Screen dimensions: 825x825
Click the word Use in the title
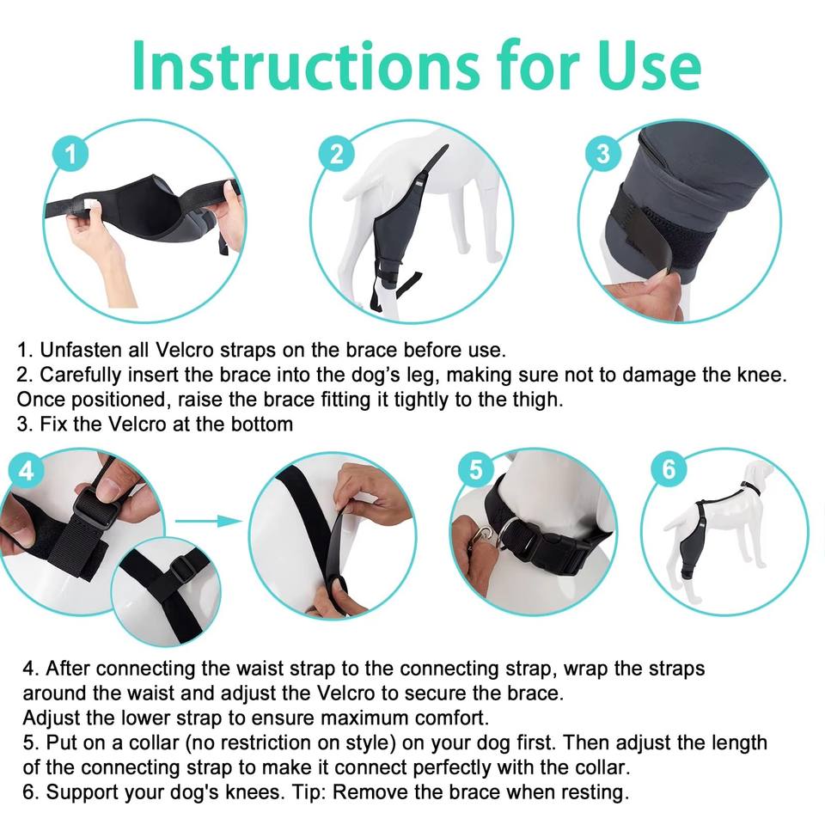[x=649, y=66]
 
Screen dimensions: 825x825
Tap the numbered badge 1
[x=70, y=154]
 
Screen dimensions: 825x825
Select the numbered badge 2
[x=337, y=153]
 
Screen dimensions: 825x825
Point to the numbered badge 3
[x=603, y=153]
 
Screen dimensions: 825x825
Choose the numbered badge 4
[x=26, y=470]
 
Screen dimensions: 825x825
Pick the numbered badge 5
[x=475, y=470]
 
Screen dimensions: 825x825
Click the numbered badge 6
[x=669, y=469]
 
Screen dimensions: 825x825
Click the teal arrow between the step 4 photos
[x=208, y=521]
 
